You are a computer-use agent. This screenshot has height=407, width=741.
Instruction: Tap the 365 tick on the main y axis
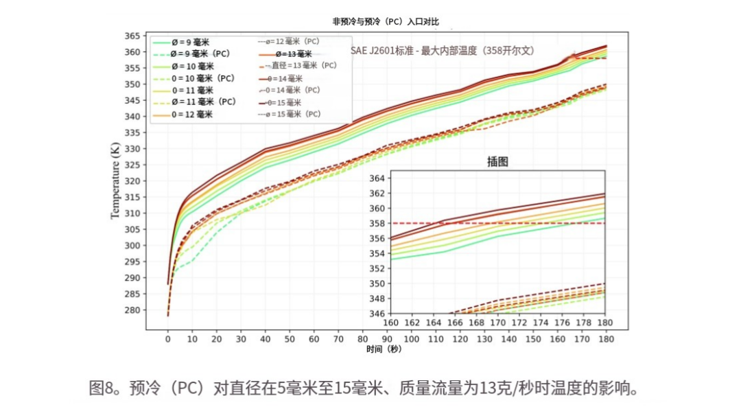point(132,36)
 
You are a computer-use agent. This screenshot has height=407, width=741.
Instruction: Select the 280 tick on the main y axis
point(132,310)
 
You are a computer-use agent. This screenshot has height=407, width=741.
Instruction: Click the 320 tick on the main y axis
point(132,181)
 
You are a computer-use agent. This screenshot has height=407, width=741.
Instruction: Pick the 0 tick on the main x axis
point(167,338)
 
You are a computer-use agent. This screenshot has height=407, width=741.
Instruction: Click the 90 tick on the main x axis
point(388,338)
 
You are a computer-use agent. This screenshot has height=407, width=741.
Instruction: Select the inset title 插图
point(497,162)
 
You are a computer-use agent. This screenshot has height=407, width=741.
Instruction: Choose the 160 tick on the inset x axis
point(391,323)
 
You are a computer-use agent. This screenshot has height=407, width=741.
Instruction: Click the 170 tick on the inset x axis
point(498,323)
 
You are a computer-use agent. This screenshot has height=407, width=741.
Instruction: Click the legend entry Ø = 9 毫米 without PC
point(181,42)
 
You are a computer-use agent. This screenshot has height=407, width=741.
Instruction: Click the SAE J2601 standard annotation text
point(443,51)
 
